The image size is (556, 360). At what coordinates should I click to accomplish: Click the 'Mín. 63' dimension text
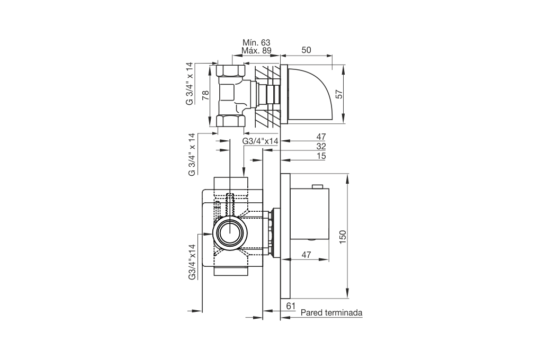coord(256,42)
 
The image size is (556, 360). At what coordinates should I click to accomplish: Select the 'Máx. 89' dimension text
coord(256,50)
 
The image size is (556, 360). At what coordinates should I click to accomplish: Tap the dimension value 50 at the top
coord(306,50)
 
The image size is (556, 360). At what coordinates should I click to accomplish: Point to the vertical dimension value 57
coord(339,94)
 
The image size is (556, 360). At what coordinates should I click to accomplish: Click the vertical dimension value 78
coord(205,95)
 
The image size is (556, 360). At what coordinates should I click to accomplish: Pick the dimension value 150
coord(343,237)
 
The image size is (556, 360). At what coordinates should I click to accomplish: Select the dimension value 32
coord(321,146)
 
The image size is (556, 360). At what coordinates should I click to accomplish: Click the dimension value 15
coord(321,156)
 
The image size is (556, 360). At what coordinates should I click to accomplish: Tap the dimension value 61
coord(291,305)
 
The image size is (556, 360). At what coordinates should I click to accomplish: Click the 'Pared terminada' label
coord(331,313)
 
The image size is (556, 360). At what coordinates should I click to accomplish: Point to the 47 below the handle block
coord(307,255)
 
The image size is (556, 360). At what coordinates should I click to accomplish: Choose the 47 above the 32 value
coord(321,137)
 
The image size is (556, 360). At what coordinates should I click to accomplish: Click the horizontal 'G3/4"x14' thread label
coord(261,141)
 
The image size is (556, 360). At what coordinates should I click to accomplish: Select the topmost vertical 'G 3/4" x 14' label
coord(190,84)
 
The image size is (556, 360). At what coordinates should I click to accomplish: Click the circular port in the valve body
coord(230,233)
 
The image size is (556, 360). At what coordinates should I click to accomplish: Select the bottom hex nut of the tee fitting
coord(230,121)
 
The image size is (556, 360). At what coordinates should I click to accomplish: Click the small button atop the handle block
coord(317,186)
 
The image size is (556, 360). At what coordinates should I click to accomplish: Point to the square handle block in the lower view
coord(310,214)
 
